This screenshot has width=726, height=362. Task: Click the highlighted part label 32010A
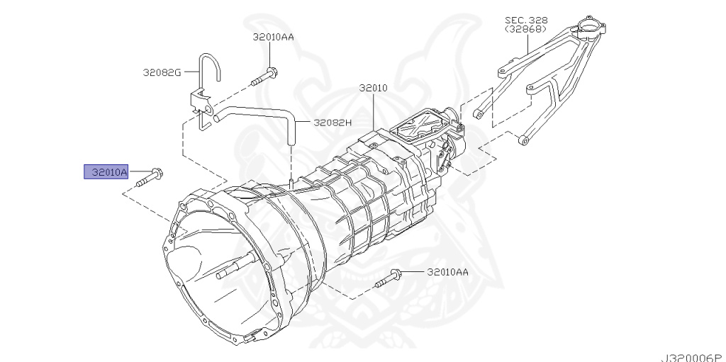pyautogui.click(x=106, y=171)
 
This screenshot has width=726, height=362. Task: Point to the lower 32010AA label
pyautogui.click(x=447, y=272)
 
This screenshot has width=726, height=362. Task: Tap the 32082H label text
pyautogui.click(x=331, y=122)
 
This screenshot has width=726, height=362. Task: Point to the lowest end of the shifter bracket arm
pyautogui.click(x=524, y=140)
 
